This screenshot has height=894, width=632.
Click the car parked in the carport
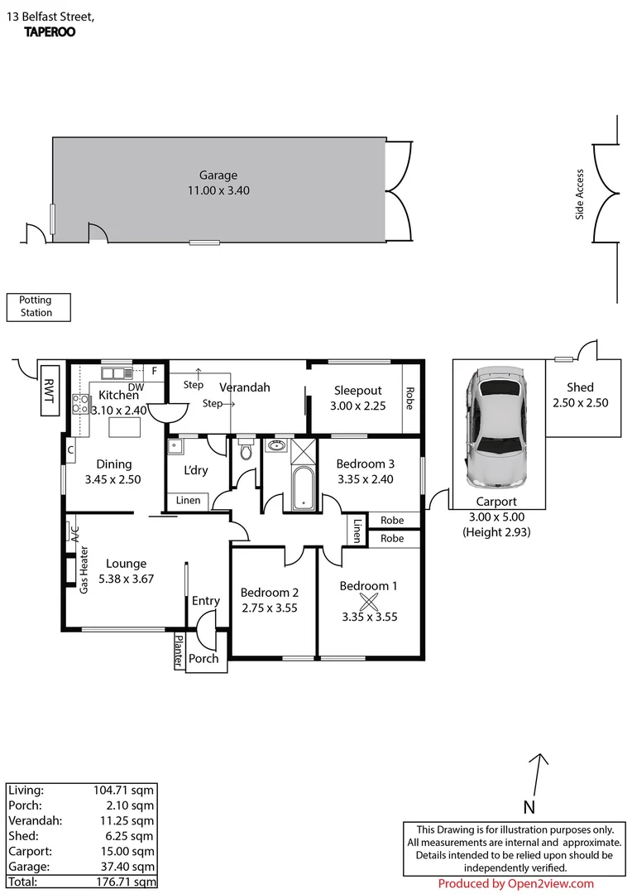(495, 430)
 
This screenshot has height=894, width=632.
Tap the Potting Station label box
(39, 307)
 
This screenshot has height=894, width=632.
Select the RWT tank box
(51, 388)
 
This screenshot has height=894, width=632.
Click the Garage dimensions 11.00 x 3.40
(218, 190)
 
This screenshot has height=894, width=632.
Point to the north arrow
(539, 774)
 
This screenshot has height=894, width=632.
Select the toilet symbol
(245, 451)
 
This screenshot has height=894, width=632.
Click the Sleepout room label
(357, 391)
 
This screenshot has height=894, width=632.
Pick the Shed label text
(580, 387)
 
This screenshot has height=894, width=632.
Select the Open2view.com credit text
(515, 884)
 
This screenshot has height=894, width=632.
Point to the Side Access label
(580, 195)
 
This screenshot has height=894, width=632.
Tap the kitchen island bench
(126, 427)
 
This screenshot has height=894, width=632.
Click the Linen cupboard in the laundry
(188, 501)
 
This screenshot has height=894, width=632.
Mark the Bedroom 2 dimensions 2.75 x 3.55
(269, 608)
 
